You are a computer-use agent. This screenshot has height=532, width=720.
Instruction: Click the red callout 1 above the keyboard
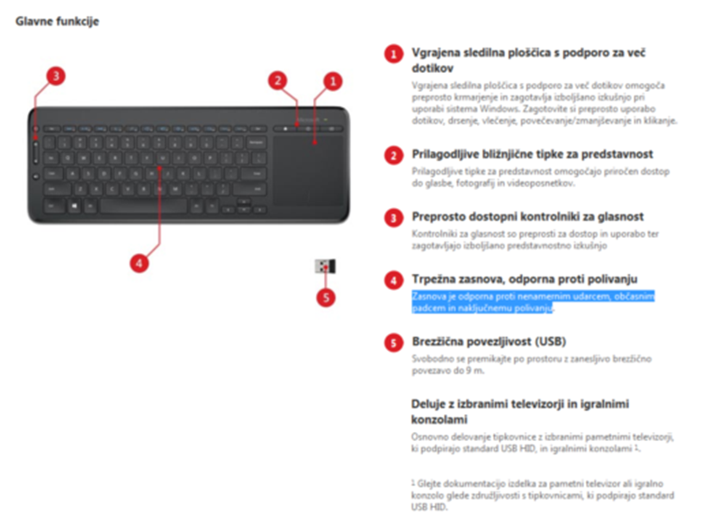332,81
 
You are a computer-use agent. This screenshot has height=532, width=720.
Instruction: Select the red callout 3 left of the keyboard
56,76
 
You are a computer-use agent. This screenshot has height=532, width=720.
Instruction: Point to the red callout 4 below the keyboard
138,263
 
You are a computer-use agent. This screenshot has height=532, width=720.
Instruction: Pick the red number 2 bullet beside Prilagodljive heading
392,155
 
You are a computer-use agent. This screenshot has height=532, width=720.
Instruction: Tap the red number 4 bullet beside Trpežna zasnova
392,280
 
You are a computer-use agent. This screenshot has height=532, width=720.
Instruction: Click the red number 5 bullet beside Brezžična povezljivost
392,342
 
